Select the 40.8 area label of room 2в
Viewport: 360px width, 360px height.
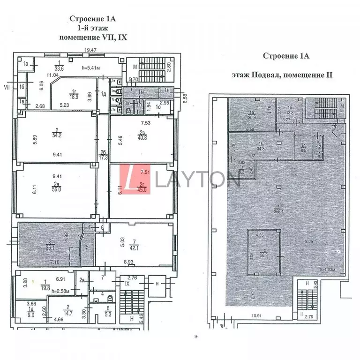(x=142, y=138)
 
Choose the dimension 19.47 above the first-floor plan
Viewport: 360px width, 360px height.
(x=90, y=50)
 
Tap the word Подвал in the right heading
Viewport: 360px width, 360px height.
(x=267, y=75)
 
